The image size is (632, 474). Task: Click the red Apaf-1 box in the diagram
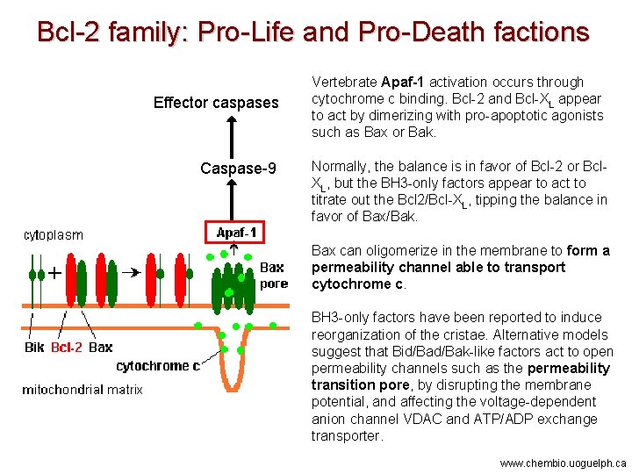(x=237, y=232)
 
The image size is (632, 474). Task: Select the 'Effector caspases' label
(x=216, y=103)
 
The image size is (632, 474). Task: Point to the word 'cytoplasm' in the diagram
(x=54, y=234)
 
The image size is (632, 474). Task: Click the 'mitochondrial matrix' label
(x=83, y=389)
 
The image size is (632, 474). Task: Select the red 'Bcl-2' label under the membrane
(x=67, y=347)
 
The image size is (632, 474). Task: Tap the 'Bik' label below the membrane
(x=33, y=347)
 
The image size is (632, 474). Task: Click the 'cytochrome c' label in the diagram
(x=158, y=366)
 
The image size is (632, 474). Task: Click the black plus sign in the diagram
(x=54, y=273)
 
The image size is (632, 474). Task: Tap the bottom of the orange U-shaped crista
(x=233, y=385)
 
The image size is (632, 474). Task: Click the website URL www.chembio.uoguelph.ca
(x=563, y=463)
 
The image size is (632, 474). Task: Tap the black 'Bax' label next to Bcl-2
(x=101, y=347)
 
